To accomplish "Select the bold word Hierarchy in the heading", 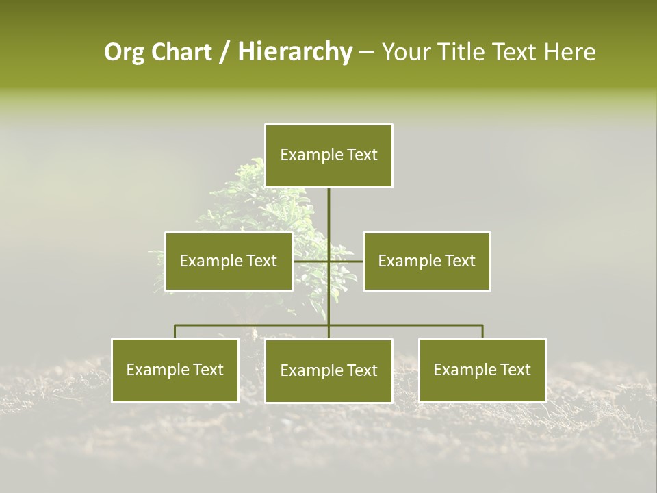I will coord(294,52).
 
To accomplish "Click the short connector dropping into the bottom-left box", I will coord(175,331).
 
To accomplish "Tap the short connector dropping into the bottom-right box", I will coord(482,331).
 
